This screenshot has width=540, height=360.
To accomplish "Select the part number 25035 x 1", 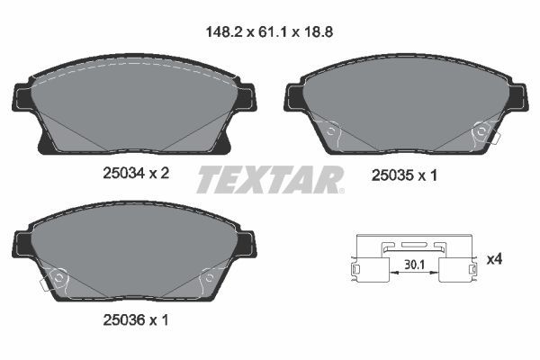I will tap(404, 176).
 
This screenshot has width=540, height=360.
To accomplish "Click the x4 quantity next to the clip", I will tap(494, 259).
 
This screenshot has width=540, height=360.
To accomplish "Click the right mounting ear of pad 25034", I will tap(245, 97).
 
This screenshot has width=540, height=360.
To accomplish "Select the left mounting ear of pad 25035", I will tap(295, 94).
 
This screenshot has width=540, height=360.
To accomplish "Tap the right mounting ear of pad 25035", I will tap(519, 94).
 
